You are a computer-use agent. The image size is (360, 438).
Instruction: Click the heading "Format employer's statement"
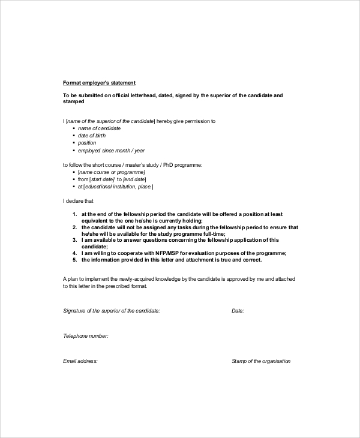click(x=100, y=82)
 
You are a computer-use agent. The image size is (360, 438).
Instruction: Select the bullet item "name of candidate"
click(x=100, y=128)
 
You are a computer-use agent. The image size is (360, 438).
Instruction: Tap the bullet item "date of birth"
click(x=95, y=136)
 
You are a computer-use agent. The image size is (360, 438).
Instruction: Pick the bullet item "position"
click(x=88, y=143)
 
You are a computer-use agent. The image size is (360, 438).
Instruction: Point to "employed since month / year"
click(x=112, y=150)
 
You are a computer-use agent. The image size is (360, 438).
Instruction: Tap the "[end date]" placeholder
click(x=134, y=179)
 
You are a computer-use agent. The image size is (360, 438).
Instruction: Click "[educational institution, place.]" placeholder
click(x=118, y=187)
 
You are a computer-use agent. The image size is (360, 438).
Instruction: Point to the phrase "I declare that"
click(x=78, y=201)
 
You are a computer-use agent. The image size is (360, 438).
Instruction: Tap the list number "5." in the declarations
click(x=75, y=260)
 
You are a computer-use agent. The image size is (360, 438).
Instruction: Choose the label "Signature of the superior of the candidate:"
click(x=112, y=311)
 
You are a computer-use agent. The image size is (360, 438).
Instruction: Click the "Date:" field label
click(x=238, y=311)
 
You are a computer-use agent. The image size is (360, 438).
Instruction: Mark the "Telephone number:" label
click(x=85, y=336)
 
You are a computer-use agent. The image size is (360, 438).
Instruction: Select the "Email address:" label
click(x=80, y=361)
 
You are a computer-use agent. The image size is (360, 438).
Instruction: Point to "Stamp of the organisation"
click(x=261, y=361)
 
